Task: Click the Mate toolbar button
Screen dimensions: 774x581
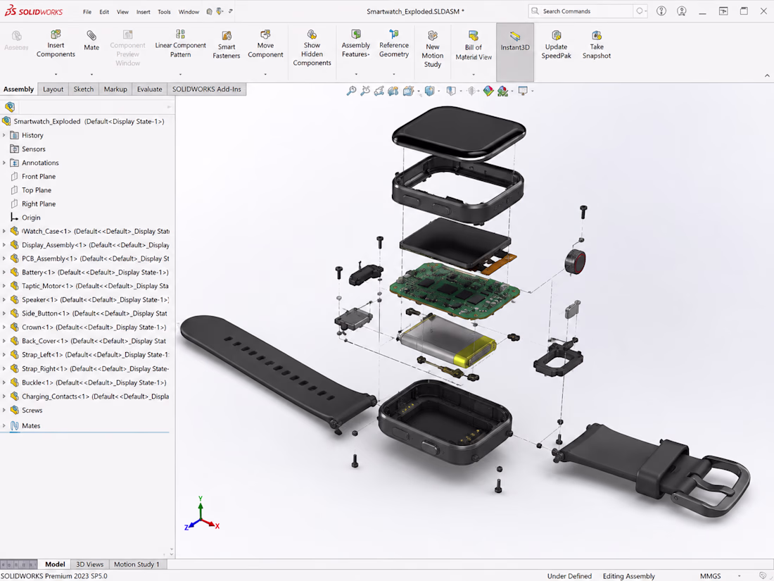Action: click(91, 41)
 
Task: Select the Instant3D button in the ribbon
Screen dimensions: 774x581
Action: click(515, 41)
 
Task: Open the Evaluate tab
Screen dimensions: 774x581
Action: click(150, 89)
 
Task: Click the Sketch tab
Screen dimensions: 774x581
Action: click(84, 89)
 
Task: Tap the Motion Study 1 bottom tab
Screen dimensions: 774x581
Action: click(137, 564)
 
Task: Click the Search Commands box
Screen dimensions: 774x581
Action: click(580, 11)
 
